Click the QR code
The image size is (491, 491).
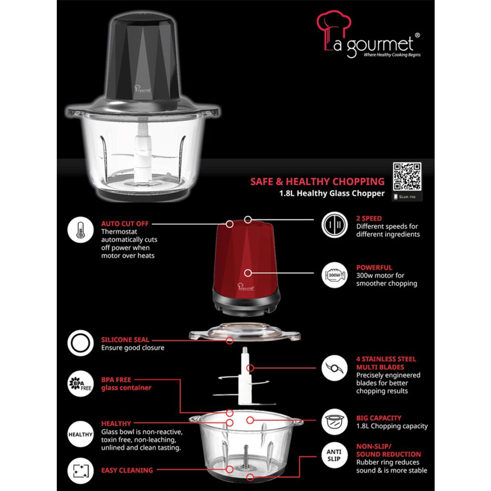click(407, 176)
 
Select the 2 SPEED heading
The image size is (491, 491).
click(369, 218)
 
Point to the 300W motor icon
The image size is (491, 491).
click(334, 275)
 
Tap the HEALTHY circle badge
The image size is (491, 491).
click(80, 434)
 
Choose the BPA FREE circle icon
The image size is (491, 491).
click(80, 384)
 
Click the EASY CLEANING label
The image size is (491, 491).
click(127, 470)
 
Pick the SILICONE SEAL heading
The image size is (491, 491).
click(125, 339)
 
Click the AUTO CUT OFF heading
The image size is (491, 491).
click(125, 223)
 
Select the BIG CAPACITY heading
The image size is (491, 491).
click(379, 418)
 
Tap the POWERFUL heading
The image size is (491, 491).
click(374, 267)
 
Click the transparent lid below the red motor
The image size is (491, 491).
click(245, 333)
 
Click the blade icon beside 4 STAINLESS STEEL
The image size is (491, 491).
click(334, 368)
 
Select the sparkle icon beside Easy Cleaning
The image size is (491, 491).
click(80, 470)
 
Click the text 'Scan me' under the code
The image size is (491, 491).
click(407, 197)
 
